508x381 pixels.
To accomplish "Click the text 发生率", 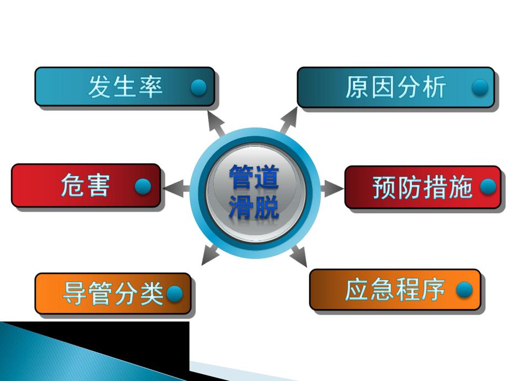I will point(125,87).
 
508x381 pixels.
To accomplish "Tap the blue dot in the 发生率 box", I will point(198,87).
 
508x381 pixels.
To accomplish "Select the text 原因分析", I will point(395,87).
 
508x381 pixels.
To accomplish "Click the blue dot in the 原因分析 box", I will point(480,87).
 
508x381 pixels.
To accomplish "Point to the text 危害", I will point(85,186).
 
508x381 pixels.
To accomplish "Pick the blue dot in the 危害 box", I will point(143,187).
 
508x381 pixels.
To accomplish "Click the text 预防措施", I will point(422,188).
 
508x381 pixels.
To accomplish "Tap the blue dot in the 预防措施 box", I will point(488,187).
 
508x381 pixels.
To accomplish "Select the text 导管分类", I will point(113,293).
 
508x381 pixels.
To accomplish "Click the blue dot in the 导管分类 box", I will point(174,294).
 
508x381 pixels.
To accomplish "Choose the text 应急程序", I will point(395,290).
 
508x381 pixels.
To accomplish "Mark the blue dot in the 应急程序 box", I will point(464,290).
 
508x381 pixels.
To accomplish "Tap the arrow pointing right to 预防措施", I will point(332,188).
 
